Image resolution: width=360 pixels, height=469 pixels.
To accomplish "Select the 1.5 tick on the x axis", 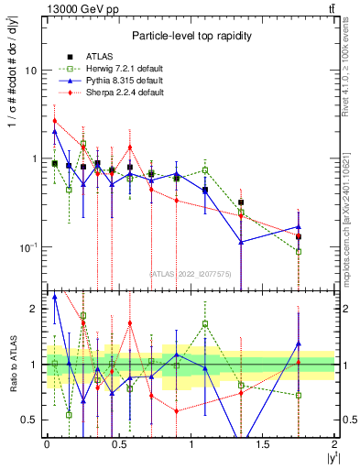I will click(x=263, y=444).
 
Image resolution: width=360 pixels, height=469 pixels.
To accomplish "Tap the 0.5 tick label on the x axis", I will click(x=118, y=444).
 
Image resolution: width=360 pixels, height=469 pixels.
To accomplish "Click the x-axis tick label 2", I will click(x=334, y=444).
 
